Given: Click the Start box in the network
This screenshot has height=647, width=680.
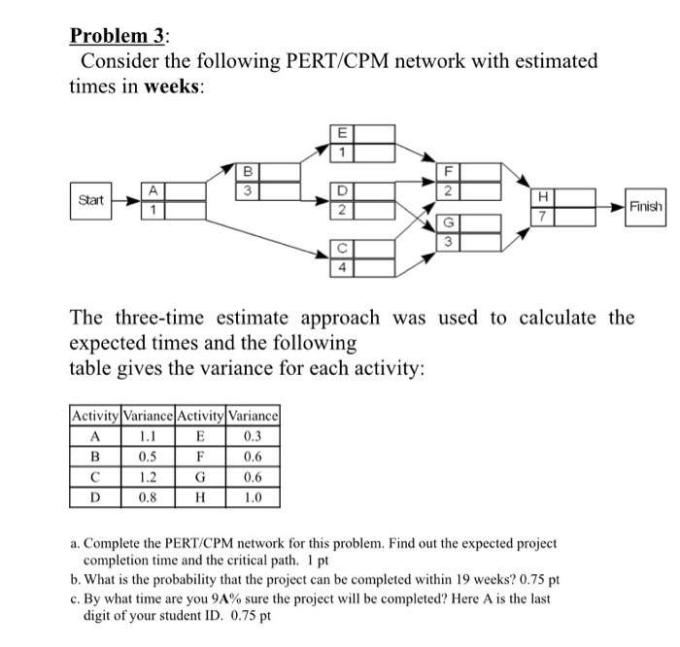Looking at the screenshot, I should [90, 201].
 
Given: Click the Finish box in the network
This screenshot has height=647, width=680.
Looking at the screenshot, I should [645, 207].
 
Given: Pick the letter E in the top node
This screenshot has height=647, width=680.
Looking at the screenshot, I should [341, 134].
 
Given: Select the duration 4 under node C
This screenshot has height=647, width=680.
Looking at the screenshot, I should [341, 265].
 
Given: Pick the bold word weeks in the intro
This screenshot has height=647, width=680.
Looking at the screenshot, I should [174, 85].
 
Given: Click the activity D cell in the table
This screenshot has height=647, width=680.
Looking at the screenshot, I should [93, 498].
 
